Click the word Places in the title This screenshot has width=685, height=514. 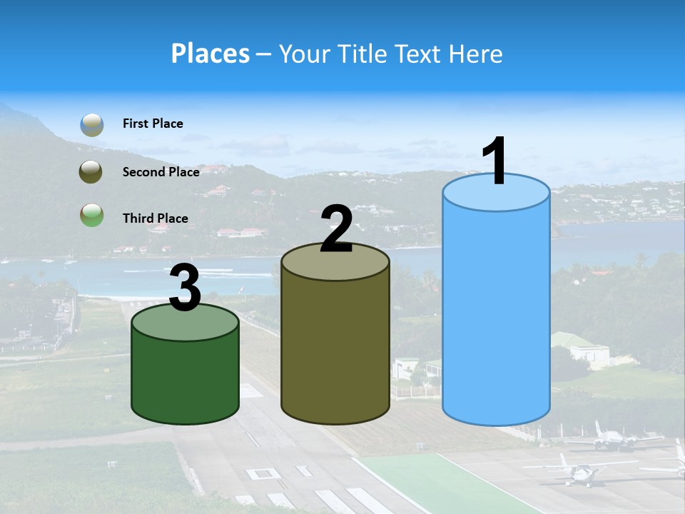tap(210, 54)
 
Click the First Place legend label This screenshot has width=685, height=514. tap(153, 124)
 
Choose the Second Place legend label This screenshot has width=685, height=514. tap(161, 171)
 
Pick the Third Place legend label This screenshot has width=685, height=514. tap(155, 218)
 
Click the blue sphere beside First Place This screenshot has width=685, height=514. tap(91, 124)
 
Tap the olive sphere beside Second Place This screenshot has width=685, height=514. tap(91, 171)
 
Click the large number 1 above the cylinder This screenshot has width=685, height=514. tap(495, 161)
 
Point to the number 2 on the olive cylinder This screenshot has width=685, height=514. tap(336, 229)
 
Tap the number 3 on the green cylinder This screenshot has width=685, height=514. tap(186, 288)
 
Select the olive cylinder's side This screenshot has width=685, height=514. tap(335, 350)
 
